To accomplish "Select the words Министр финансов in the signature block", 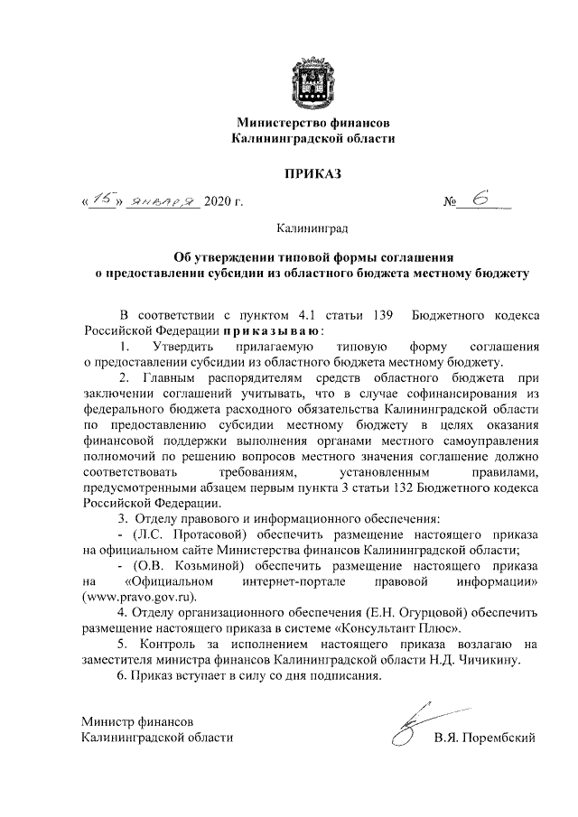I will click(x=135, y=722).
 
